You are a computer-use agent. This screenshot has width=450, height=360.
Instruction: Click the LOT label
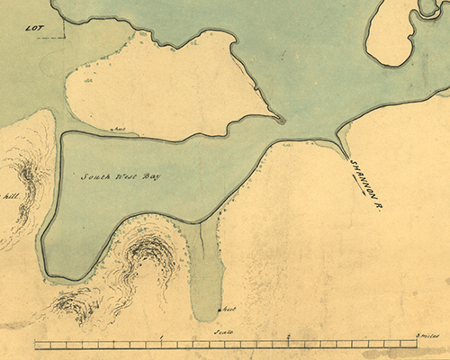[34, 28]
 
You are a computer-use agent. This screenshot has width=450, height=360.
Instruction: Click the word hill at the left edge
[11, 195]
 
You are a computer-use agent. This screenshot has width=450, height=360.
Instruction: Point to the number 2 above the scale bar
[288, 336]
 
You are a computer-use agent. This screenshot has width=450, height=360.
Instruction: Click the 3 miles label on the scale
[425, 336]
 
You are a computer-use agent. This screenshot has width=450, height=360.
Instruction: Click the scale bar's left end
[34, 344]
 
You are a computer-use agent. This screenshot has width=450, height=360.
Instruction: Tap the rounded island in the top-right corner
[389, 31]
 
